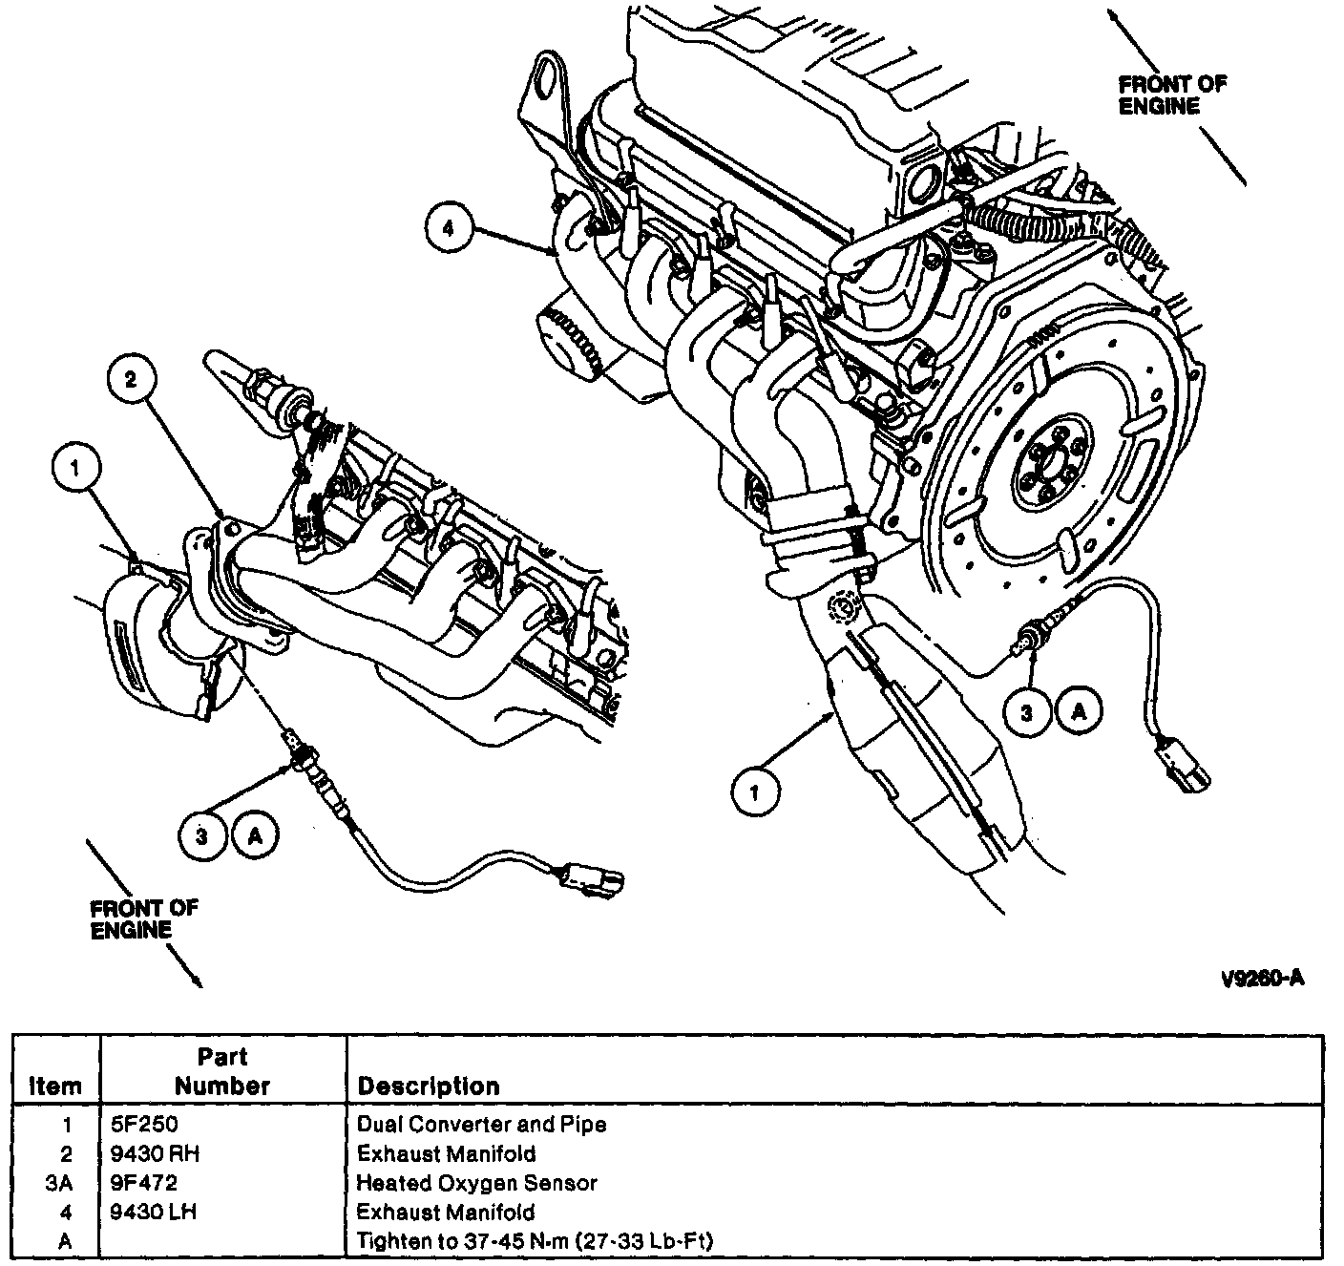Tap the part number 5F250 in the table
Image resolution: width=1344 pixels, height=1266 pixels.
click(144, 1124)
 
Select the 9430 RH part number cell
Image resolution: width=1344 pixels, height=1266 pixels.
click(157, 1153)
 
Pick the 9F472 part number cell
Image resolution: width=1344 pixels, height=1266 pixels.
click(144, 1183)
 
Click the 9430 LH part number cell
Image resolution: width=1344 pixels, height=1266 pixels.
click(156, 1213)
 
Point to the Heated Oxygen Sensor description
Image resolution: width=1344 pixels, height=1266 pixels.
click(476, 1183)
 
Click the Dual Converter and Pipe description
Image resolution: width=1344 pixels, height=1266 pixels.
click(481, 1124)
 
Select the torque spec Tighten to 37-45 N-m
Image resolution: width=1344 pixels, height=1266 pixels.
click(535, 1241)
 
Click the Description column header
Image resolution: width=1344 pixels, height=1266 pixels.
click(428, 1087)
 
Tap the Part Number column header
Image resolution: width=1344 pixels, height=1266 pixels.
click(222, 1071)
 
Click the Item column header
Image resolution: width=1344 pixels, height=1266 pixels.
click(55, 1087)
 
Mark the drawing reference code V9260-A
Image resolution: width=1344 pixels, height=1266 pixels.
click(1261, 979)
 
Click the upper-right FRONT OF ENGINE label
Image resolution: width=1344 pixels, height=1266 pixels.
click(1172, 95)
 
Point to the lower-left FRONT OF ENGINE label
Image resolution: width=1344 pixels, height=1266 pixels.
click(143, 918)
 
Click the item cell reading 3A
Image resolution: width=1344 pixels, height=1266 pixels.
click(59, 1183)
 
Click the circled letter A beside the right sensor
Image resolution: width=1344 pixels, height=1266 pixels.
click(1079, 711)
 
